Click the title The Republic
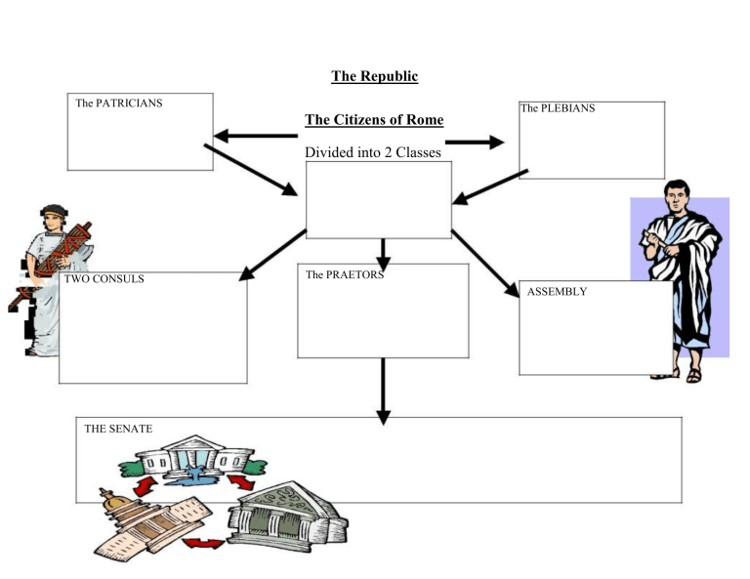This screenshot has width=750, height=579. [x=374, y=76]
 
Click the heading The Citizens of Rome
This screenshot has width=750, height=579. [x=374, y=120]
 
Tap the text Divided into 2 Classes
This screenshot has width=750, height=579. [x=373, y=152]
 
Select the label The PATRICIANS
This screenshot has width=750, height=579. [x=119, y=103]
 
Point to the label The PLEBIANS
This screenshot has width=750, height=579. [x=557, y=108]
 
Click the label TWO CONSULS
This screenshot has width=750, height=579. [x=104, y=278]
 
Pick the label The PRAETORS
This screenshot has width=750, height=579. [x=344, y=274]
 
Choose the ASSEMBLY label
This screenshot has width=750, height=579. [x=557, y=291]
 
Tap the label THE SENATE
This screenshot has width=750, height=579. [x=118, y=428]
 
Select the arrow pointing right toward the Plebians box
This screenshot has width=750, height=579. [x=475, y=143]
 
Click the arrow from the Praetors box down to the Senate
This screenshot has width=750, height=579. [x=383, y=391]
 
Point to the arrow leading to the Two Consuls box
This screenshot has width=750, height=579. [x=272, y=257]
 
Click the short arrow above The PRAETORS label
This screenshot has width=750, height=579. [x=384, y=254]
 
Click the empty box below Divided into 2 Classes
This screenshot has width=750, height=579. [x=379, y=199]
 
